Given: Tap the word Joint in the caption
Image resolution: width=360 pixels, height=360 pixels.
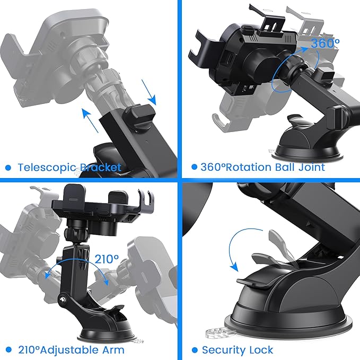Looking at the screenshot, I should [x=310, y=168].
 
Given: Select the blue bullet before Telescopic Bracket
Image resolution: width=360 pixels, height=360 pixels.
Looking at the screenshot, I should [x=8, y=168].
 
